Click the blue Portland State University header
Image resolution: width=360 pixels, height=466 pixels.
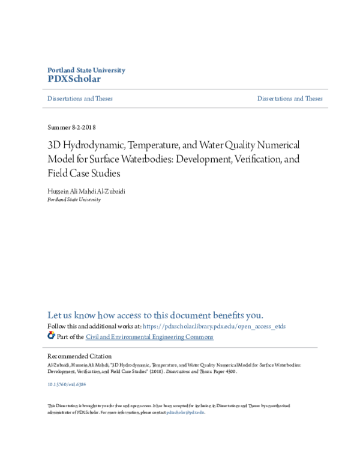(x=86, y=70)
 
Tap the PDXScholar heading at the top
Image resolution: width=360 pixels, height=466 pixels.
(x=74, y=79)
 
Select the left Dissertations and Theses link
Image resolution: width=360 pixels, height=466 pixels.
(x=80, y=98)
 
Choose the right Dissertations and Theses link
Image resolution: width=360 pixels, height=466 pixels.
(x=290, y=98)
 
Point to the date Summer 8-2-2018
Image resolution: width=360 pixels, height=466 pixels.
(x=71, y=127)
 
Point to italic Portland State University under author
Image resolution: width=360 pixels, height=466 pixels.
(x=74, y=199)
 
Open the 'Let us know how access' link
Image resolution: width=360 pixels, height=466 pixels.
(x=155, y=315)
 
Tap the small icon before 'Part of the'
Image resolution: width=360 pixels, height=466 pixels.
(x=51, y=336)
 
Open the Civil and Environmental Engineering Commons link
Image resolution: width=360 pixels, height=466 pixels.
(x=149, y=337)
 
